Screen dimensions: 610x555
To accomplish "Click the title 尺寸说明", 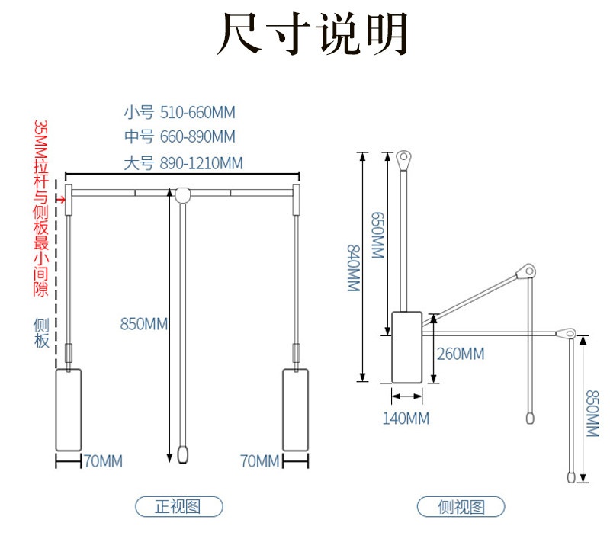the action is [312, 34].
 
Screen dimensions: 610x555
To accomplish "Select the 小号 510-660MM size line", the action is [180, 112].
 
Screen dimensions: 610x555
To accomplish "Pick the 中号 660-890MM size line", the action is [180, 136].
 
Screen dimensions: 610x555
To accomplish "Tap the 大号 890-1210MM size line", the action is [183, 163].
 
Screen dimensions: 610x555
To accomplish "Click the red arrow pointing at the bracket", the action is [60, 200].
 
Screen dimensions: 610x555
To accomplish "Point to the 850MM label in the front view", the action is [143, 323].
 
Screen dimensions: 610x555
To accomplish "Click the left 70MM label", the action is [103, 461].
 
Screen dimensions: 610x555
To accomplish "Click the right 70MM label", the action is [260, 461].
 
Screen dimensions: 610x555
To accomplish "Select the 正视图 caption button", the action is [179, 506].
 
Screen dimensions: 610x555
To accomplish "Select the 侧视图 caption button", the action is [461, 506].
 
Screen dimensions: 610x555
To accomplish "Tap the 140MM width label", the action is [406, 419].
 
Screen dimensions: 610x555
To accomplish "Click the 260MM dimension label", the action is [461, 354].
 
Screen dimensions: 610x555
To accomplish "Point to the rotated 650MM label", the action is [377, 236].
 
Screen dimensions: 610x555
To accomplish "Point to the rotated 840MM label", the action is [353, 268].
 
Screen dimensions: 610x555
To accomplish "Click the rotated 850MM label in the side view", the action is [592, 413].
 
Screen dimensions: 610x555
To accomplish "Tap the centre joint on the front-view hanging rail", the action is [182, 194].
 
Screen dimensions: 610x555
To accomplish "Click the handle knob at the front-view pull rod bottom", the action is [182, 454].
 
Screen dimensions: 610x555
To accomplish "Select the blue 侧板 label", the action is [41, 333].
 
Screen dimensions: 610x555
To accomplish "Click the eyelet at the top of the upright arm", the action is [404, 159].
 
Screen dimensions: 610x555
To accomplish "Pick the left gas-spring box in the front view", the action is [69, 410].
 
